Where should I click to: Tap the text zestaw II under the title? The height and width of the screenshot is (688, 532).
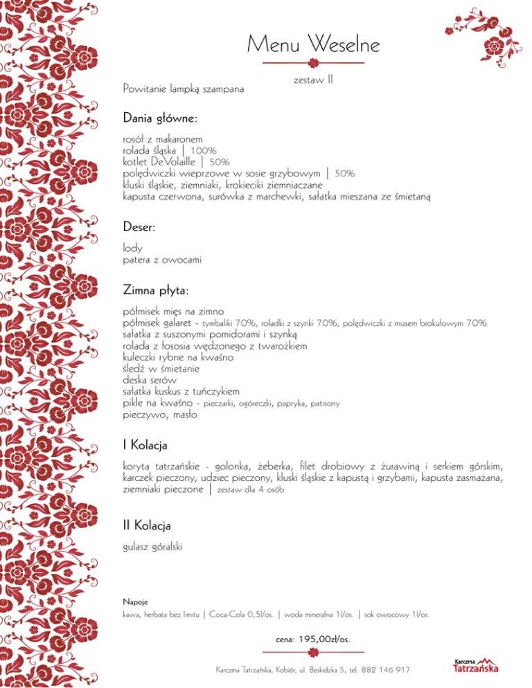pos(313,80)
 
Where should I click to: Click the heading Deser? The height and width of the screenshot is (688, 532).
pos(141,226)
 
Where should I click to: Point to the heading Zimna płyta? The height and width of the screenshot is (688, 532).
pos(156,287)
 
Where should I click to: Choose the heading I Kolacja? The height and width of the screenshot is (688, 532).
pos(145,443)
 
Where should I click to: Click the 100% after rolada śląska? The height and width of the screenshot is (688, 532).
pos(204,150)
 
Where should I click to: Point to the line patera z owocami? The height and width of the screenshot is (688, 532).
pos(162,260)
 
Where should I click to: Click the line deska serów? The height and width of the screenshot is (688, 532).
pos(150,380)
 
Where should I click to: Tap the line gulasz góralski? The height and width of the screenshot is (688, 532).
pos(152,547)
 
